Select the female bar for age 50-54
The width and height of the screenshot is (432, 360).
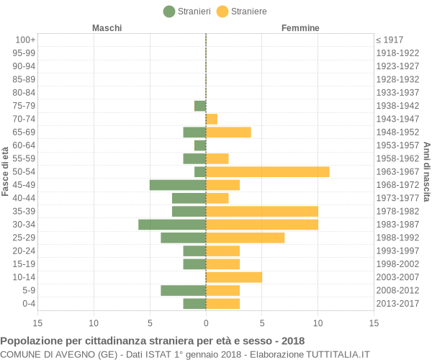point(267,171)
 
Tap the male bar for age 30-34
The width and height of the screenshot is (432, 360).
point(172,225)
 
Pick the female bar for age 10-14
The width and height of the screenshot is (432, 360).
point(234,277)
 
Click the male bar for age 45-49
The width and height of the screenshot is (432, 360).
point(178,185)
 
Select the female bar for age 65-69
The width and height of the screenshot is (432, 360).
point(228,132)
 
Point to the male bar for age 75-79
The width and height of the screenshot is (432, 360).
point(200,106)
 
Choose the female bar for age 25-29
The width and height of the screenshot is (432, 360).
point(245,238)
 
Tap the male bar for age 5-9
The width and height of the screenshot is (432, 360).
point(184,290)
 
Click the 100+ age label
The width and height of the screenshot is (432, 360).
point(25,40)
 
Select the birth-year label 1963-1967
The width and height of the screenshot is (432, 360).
point(397,171)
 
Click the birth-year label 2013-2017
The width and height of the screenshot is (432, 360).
point(397,304)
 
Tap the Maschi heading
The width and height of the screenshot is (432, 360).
point(107,28)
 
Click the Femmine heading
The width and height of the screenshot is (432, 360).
point(301,28)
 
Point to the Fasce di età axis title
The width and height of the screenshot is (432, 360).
point(6,171)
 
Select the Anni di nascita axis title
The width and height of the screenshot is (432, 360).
point(426,171)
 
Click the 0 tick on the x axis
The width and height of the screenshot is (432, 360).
point(206,323)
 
